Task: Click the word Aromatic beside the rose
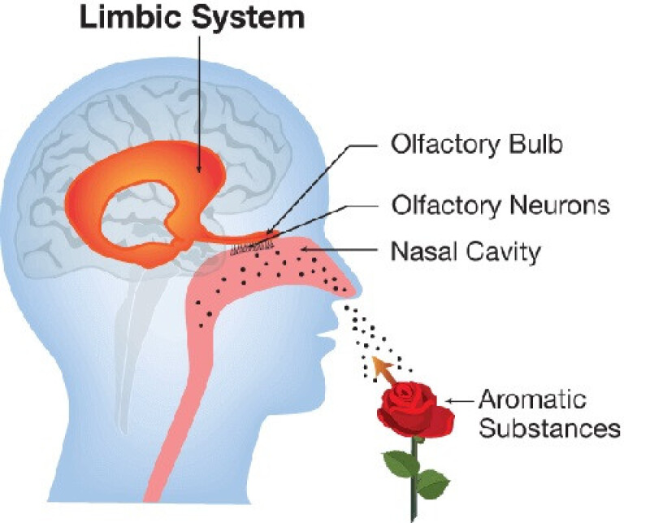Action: [x=532, y=400]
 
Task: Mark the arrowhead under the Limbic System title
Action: [x=199, y=168]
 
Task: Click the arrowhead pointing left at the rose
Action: [x=453, y=400]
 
